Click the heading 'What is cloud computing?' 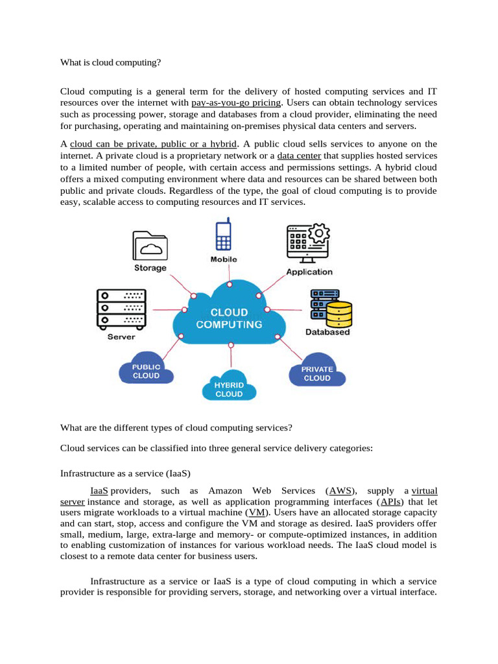(x=110, y=63)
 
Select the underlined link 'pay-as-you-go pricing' (x=236, y=102)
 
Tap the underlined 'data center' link (x=299, y=156)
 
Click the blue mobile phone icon (x=224, y=235)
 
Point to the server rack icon (x=121, y=308)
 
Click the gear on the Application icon (x=320, y=233)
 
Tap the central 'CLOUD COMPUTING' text (x=229, y=318)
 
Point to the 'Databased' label (x=327, y=332)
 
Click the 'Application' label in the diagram (x=309, y=272)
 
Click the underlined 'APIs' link (x=390, y=502)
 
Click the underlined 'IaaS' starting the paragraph (x=99, y=491)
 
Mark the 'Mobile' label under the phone (x=224, y=259)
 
